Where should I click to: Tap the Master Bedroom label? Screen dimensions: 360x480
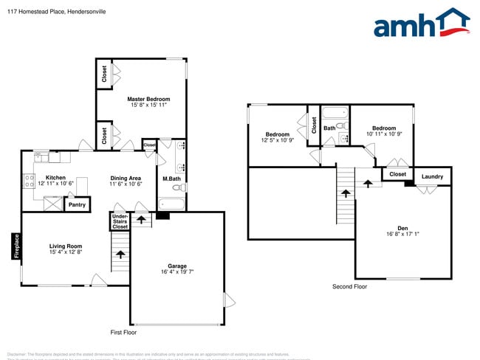click(148, 99)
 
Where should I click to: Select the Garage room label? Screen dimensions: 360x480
click(176, 266)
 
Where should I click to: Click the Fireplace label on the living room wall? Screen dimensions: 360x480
click(15, 246)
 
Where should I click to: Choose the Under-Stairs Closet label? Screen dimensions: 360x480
click(120, 221)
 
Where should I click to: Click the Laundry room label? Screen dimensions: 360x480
click(432, 176)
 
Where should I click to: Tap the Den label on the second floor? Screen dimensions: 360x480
click(402, 228)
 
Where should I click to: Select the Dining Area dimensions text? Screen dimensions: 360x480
click(126, 184)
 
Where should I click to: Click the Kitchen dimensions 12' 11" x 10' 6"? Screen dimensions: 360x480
click(56, 184)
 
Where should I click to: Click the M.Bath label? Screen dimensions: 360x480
click(171, 179)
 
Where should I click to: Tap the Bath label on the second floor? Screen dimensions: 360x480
click(329, 128)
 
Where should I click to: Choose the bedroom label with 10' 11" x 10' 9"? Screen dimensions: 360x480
click(384, 128)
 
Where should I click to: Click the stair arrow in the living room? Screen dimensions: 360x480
click(120, 255)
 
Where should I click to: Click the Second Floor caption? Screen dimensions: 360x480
click(349, 286)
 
